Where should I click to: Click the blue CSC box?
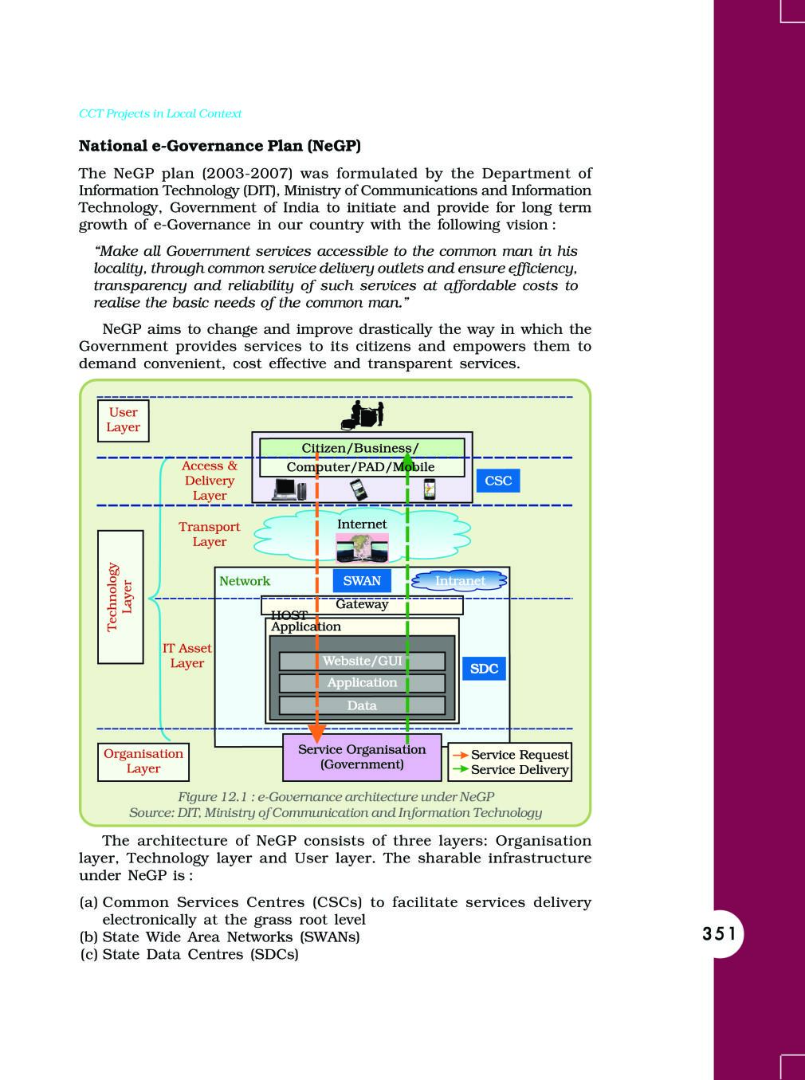coord(498,481)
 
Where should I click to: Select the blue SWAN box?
coord(362,580)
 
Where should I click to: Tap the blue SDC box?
coord(484,669)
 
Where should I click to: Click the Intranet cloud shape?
coord(459,581)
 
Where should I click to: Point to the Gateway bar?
coord(362,605)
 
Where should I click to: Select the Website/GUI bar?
coord(362,661)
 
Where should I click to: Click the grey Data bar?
coord(362,705)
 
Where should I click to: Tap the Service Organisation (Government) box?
coord(362,756)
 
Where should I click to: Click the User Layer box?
coord(123,420)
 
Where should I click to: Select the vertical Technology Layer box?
coord(120,597)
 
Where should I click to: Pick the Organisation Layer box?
coord(143,762)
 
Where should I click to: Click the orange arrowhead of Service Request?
coord(317,733)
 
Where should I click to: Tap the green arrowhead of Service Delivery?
coord(407,459)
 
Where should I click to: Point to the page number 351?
coord(719,934)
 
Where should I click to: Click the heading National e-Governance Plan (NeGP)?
coord(220,146)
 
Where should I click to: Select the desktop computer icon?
coord(289,489)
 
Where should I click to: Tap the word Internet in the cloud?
coord(362,524)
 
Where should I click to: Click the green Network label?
coord(245,581)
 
